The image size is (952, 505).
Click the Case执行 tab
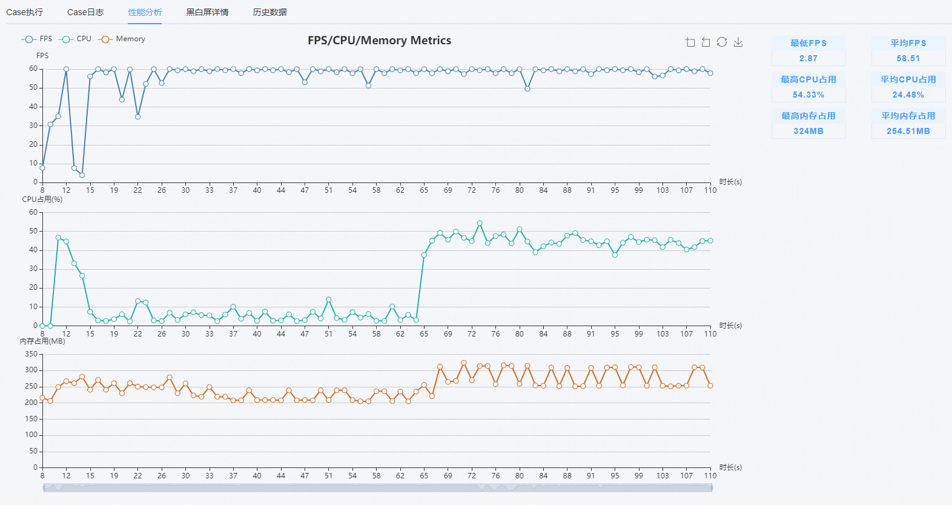pyautogui.click(x=25, y=12)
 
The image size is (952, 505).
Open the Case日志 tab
pyautogui.click(x=85, y=12)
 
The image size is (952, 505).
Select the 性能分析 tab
pyautogui.click(x=145, y=12)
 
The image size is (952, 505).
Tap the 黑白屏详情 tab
pyautogui.click(x=207, y=12)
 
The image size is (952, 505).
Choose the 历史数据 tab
pyautogui.click(x=269, y=12)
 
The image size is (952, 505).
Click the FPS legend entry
pyautogui.click(x=37, y=39)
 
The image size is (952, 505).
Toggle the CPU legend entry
pyautogui.click(x=75, y=39)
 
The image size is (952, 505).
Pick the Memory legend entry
pyautogui.click(x=122, y=39)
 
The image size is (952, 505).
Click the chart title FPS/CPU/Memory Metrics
pyautogui.click(x=380, y=41)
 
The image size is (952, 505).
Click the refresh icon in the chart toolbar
pyautogui.click(x=722, y=42)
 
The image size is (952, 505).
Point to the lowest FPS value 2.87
pyautogui.click(x=808, y=58)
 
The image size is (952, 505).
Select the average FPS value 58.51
pyautogui.click(x=908, y=58)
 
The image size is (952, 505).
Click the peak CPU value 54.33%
pyautogui.click(x=808, y=95)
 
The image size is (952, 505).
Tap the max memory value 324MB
pyautogui.click(x=808, y=132)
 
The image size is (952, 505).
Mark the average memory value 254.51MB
pyautogui.click(x=908, y=132)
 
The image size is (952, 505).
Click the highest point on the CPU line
pyautogui.click(x=480, y=223)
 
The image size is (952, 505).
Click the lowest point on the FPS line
pyautogui.click(x=82, y=175)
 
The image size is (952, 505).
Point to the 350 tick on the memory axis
pyautogui.click(x=31, y=354)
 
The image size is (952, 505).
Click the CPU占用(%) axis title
pyautogui.click(x=42, y=199)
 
